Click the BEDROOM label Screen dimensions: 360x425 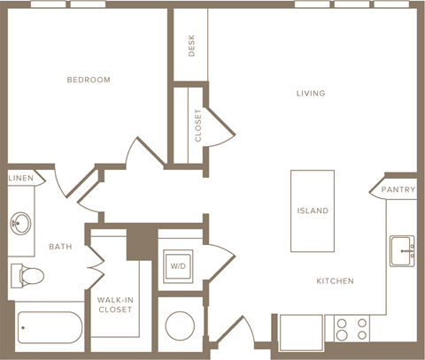(x=89, y=80)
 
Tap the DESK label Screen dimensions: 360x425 (x=191, y=46)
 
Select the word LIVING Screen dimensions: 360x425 (x=311, y=93)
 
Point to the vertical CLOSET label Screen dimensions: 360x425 (x=197, y=125)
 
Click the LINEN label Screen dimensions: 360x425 (x=21, y=179)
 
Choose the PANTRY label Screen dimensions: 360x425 (x=398, y=190)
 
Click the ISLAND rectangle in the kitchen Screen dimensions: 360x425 (x=313, y=211)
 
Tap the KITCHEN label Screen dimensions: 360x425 (x=335, y=281)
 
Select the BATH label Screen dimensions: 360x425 (x=61, y=247)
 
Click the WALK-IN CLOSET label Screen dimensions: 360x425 (x=115, y=304)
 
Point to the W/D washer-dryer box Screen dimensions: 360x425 (x=179, y=265)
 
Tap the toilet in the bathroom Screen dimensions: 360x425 (x=27, y=276)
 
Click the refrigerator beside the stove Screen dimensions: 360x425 (x=301, y=334)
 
